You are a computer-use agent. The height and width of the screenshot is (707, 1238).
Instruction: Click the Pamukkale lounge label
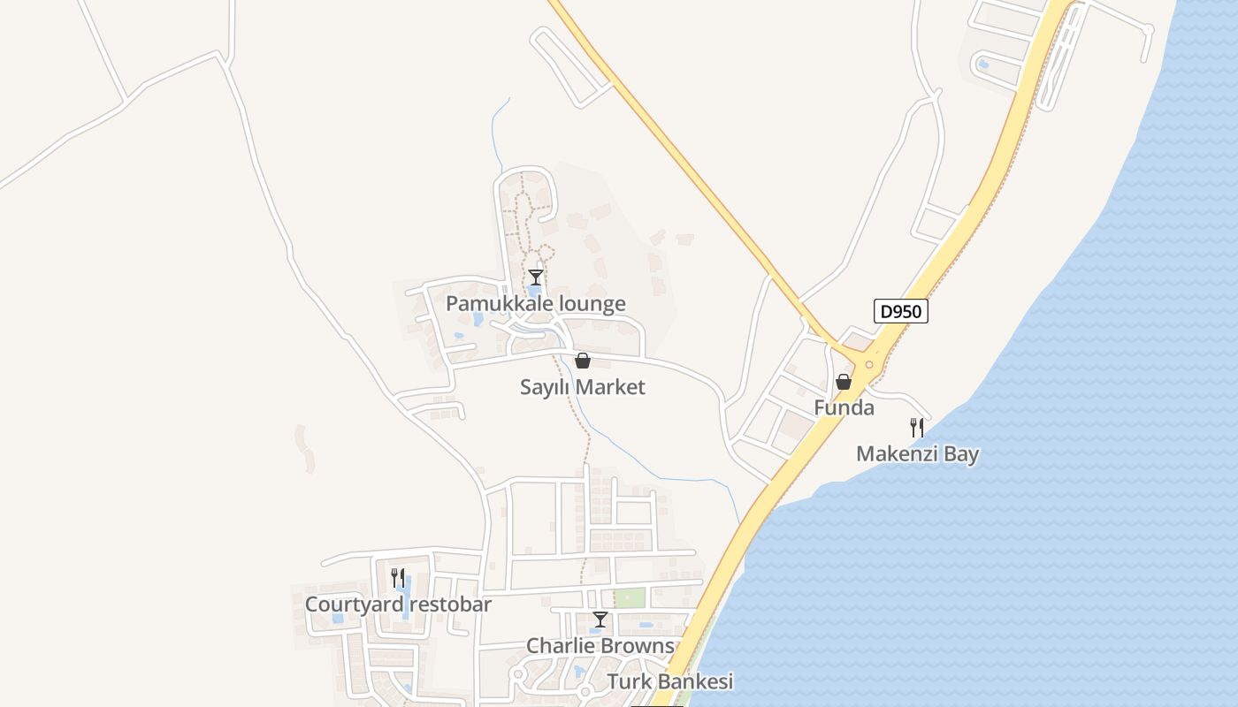pos(535,304)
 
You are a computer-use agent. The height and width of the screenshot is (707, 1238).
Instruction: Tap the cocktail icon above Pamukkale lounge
pos(535,277)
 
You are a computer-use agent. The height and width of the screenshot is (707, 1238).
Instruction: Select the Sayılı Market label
pos(582,387)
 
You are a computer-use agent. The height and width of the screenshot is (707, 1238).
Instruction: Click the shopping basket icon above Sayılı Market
pos(582,361)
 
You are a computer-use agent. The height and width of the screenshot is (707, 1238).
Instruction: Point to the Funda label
pos(844,408)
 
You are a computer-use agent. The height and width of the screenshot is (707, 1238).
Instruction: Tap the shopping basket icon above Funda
pos(844,382)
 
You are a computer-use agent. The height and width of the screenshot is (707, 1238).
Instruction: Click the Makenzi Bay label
pos(917,454)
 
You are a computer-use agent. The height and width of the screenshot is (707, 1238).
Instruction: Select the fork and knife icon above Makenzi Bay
pos(917,428)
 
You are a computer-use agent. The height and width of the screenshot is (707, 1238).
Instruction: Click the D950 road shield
pos(901,311)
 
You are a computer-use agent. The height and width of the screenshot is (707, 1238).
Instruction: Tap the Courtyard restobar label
pos(398,604)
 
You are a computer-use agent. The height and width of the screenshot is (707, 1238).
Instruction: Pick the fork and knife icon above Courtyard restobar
pos(398,578)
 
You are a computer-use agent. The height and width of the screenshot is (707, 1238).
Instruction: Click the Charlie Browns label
pos(600,646)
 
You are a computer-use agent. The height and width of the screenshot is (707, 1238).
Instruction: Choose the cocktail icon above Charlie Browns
pos(600,620)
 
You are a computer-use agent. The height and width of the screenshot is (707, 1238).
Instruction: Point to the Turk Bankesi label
pos(670,682)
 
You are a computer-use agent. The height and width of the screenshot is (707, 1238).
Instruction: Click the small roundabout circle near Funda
pos(869,364)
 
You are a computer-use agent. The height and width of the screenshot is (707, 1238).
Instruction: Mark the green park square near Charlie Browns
pos(629,597)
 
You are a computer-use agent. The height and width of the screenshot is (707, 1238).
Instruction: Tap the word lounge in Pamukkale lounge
pos(588,304)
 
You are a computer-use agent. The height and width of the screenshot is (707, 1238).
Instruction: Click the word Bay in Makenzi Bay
pos(961,454)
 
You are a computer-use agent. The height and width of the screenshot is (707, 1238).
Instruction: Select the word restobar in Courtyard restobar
pos(447,604)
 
